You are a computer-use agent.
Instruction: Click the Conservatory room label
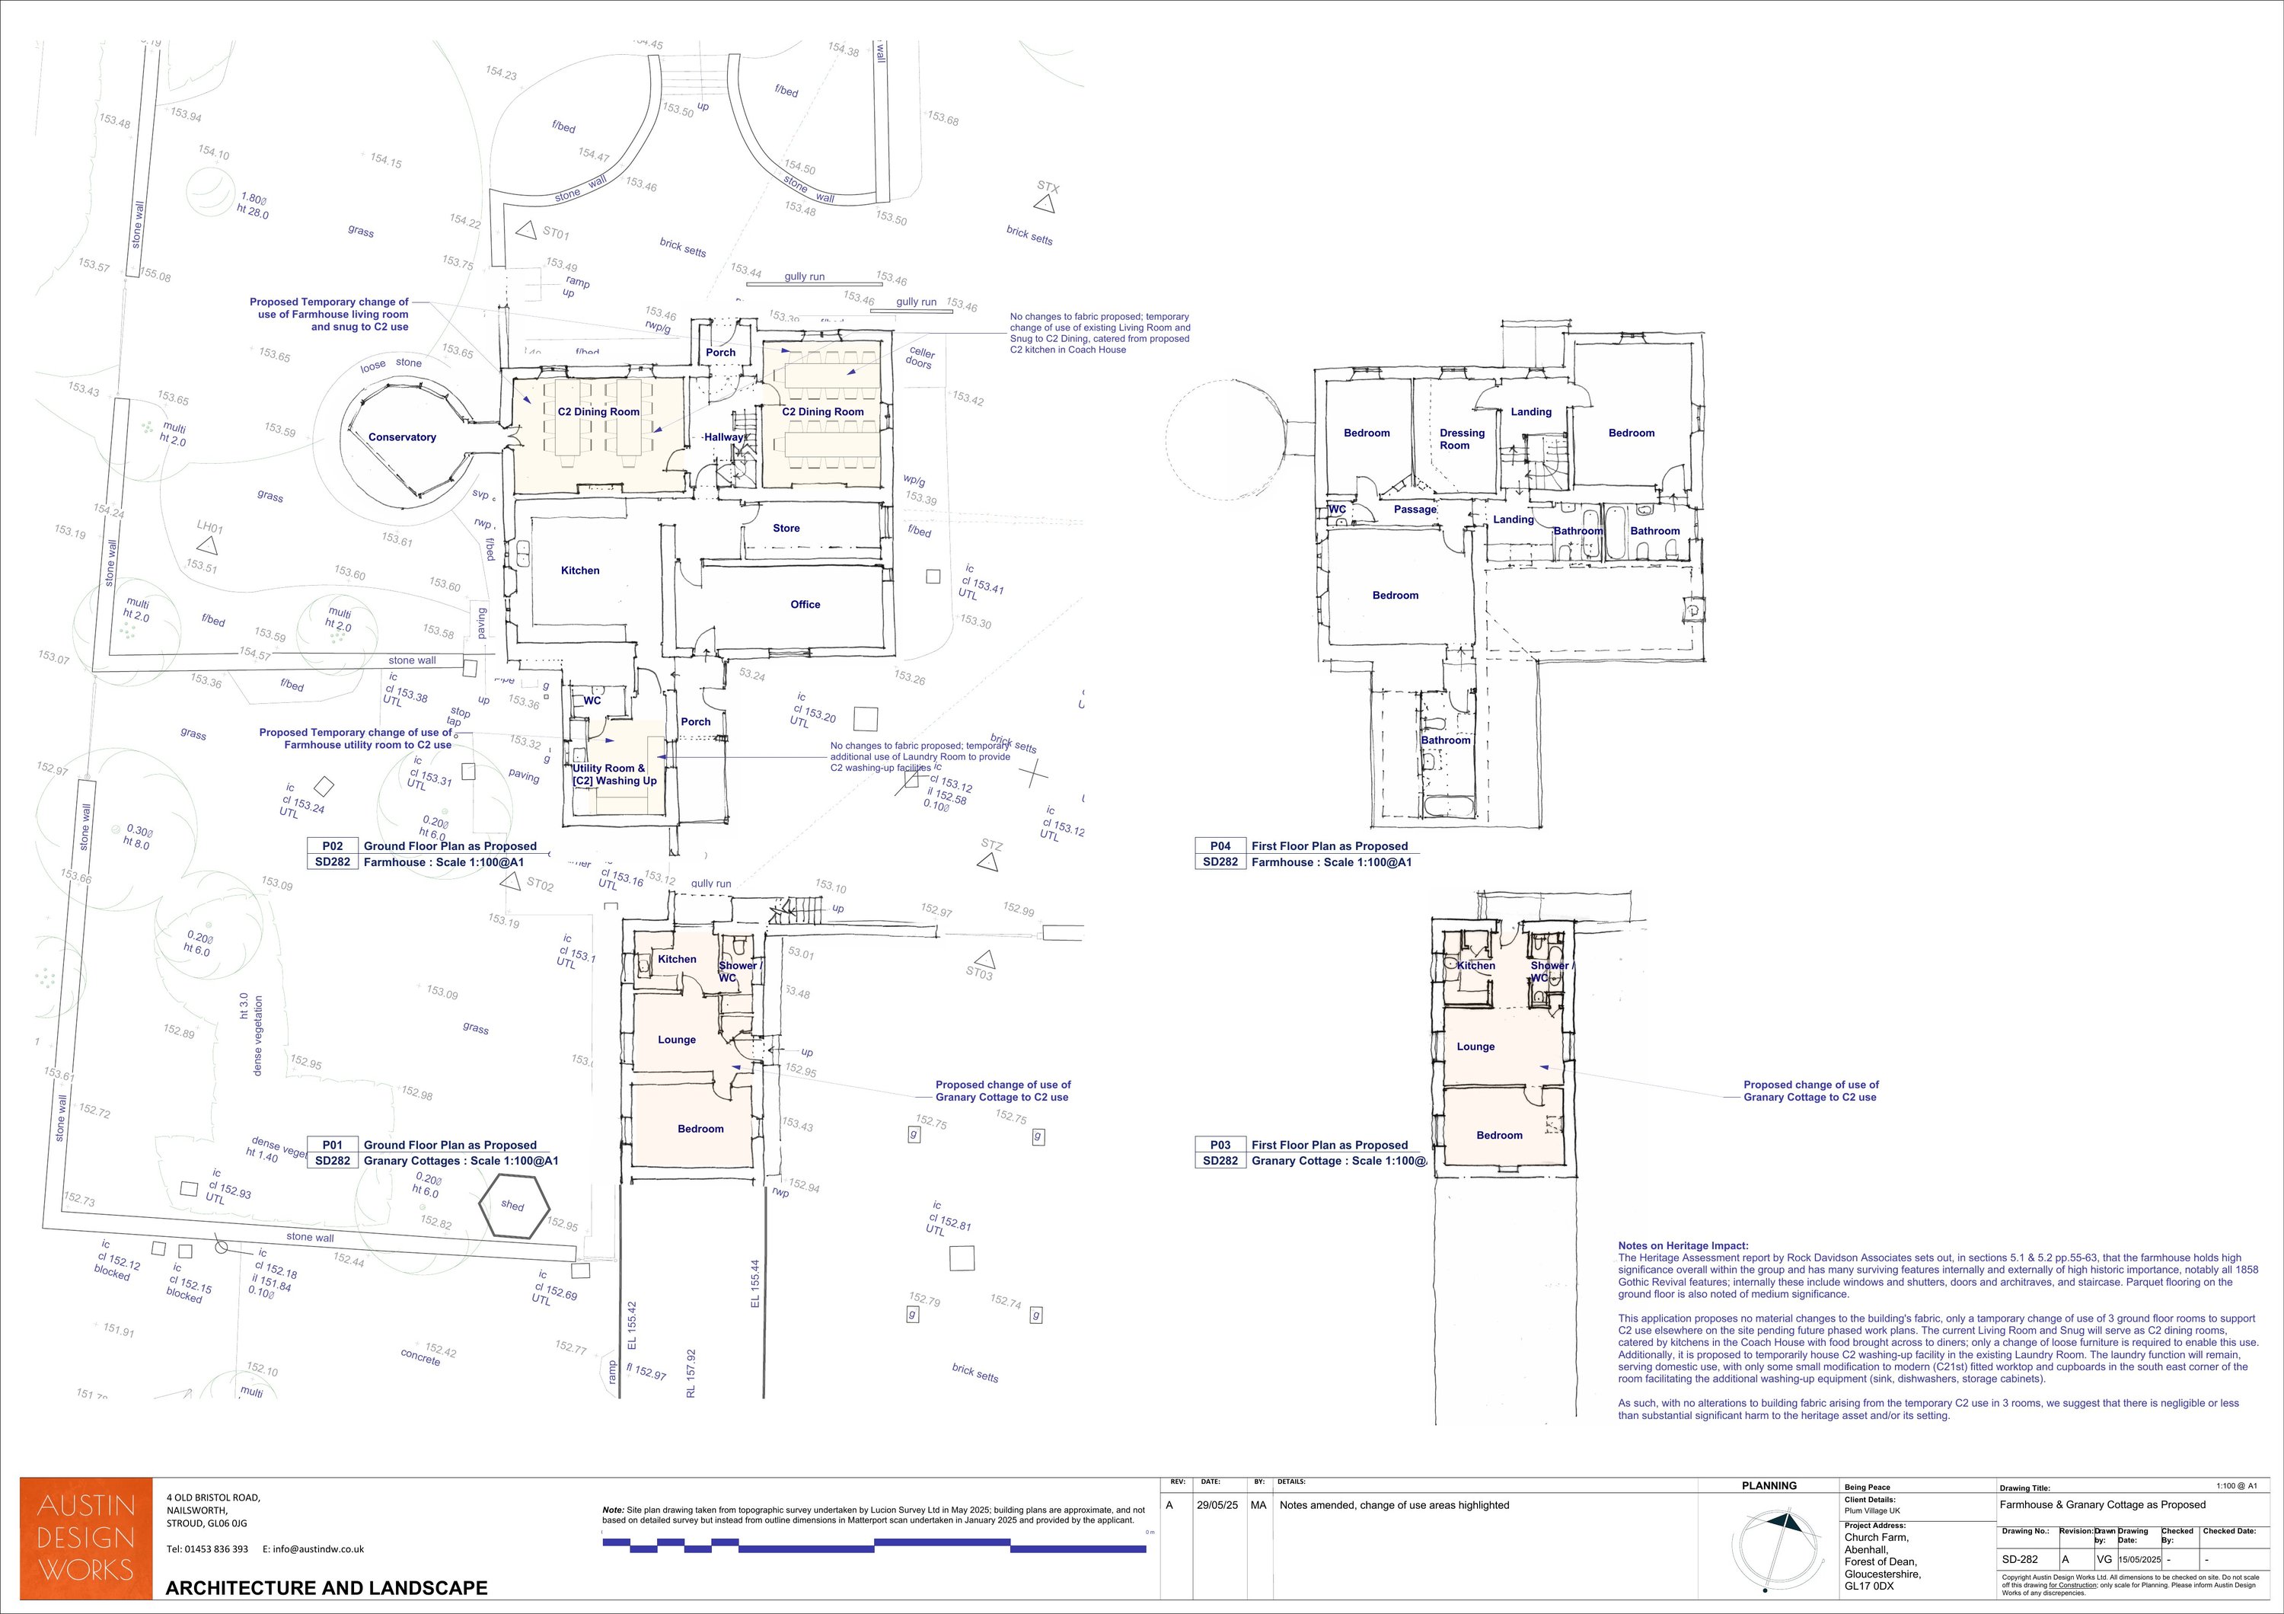(402, 437)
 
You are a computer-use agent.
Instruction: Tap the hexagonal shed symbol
(513, 1206)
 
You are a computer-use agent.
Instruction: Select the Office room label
(805, 604)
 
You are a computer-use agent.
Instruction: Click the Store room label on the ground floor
(786, 529)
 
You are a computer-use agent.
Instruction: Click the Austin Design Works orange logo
(87, 1539)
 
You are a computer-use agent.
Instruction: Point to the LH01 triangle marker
(207, 545)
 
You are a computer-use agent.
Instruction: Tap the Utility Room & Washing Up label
(614, 774)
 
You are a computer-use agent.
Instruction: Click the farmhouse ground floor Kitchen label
(580, 570)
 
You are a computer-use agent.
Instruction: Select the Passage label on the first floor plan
(1415, 510)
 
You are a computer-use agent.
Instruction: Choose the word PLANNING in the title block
(1769, 1485)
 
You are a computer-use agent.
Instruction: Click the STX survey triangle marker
(1044, 204)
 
